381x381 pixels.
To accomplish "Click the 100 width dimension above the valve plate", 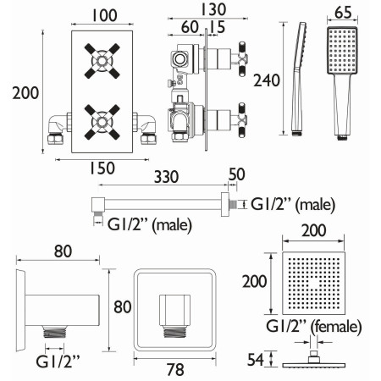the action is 104,16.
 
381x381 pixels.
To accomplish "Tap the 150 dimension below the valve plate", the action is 102,168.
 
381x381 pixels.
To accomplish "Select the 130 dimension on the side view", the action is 213,9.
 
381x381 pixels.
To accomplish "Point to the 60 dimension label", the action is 190,27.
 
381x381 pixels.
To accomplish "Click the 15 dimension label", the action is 218,27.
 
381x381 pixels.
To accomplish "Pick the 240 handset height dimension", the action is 267,80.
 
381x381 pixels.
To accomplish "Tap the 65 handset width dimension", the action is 343,13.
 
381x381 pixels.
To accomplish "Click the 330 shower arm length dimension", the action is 166,177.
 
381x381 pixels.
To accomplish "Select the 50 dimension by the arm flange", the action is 236,174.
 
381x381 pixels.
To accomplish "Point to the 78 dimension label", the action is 175,370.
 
